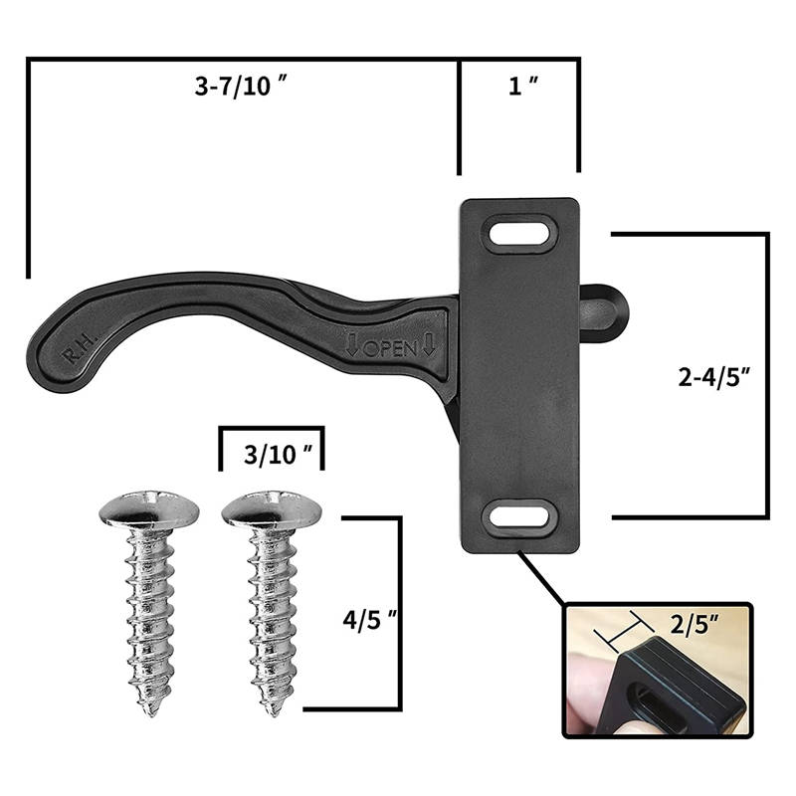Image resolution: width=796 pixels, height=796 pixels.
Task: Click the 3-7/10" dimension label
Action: point(240,86)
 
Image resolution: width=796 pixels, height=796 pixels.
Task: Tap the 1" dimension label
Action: point(523,86)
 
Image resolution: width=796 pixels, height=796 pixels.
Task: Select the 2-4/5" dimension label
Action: point(713,377)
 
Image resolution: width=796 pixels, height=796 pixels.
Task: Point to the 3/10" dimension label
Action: point(278,455)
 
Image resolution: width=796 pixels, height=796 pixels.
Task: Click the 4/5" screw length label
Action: point(369,620)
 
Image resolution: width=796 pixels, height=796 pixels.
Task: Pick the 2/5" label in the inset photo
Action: point(694,625)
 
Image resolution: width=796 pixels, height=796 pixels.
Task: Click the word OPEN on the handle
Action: point(390,348)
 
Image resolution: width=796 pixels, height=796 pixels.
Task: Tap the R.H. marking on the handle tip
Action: point(80,349)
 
